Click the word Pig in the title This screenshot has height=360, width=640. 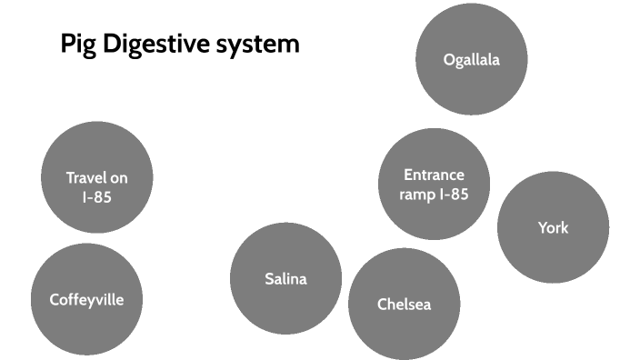(x=77, y=45)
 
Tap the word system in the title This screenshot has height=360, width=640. (x=258, y=45)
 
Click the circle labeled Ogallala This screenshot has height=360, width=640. (x=472, y=60)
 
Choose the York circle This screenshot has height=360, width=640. (x=553, y=226)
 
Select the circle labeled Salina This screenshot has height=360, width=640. (x=285, y=278)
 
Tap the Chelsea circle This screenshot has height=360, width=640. (x=404, y=304)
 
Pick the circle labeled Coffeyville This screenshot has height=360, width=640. (x=86, y=299)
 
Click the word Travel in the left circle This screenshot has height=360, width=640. (x=85, y=178)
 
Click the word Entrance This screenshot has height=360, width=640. (x=434, y=175)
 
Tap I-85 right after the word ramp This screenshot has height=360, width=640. (x=455, y=194)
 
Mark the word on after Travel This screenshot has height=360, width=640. (x=118, y=178)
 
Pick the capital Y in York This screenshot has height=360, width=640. (x=542, y=226)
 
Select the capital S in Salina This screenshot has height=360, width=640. (x=269, y=279)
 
